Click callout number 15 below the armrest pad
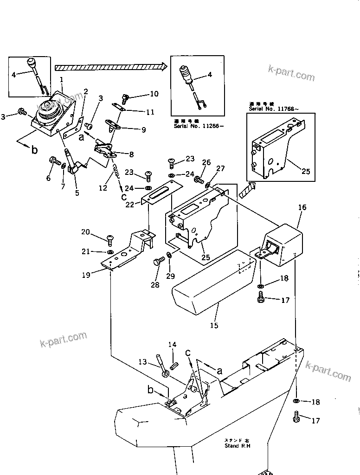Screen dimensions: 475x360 click(213, 325)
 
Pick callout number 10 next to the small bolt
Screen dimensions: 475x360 click(153, 94)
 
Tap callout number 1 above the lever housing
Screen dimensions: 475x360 click(62, 79)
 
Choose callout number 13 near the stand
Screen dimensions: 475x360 click(142, 361)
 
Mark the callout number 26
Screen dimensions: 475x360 click(206, 163)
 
